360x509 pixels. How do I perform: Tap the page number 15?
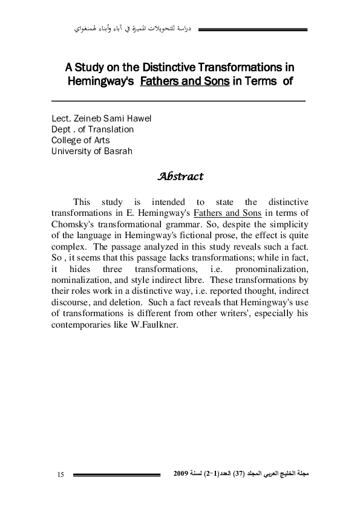coord(61,475)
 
